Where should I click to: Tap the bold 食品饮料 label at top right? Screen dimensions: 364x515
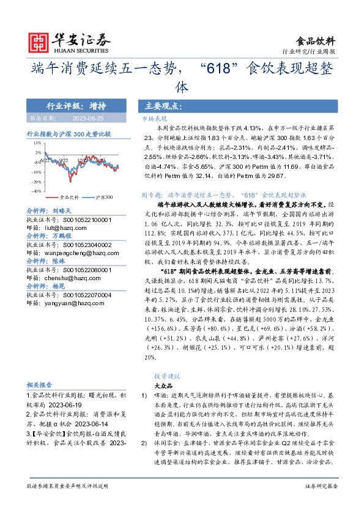click(319, 41)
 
